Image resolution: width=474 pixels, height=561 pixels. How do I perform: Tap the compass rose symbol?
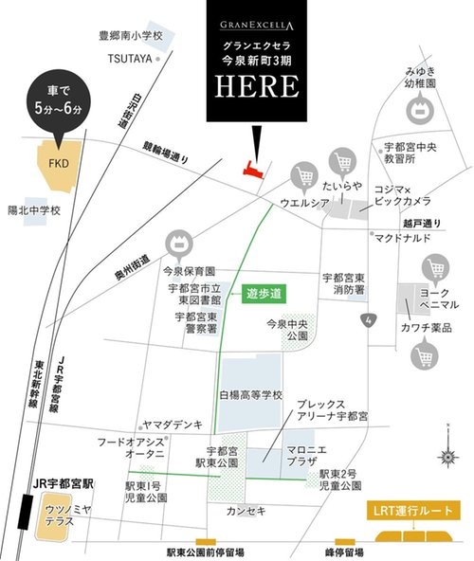click(448, 456)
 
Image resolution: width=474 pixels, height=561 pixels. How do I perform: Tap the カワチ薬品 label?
click(426, 328)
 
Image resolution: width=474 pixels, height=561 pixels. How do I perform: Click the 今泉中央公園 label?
click(290, 330)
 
